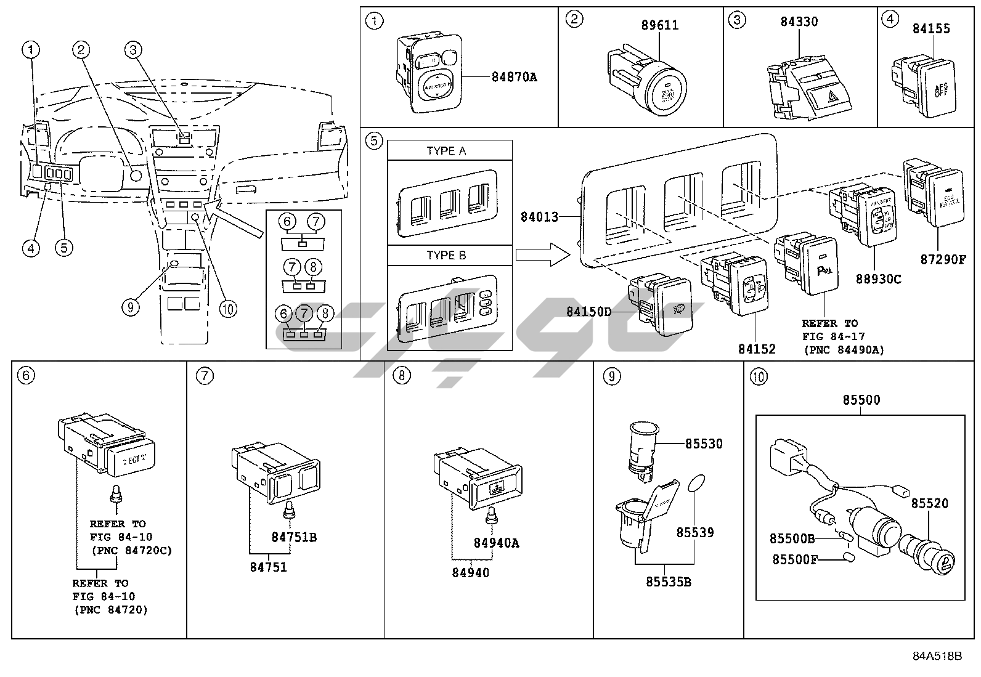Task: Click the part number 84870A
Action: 514,77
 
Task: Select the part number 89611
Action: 659,25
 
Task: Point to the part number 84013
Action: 539,217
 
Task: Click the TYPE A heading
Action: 446,151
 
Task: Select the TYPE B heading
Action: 446,256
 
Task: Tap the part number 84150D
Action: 588,312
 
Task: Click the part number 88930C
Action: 878,279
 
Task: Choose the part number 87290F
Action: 943,259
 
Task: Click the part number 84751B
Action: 294,537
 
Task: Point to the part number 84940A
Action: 496,543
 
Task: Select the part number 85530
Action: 703,444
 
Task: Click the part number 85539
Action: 695,532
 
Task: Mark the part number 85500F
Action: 796,559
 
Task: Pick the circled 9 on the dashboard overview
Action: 130,307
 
